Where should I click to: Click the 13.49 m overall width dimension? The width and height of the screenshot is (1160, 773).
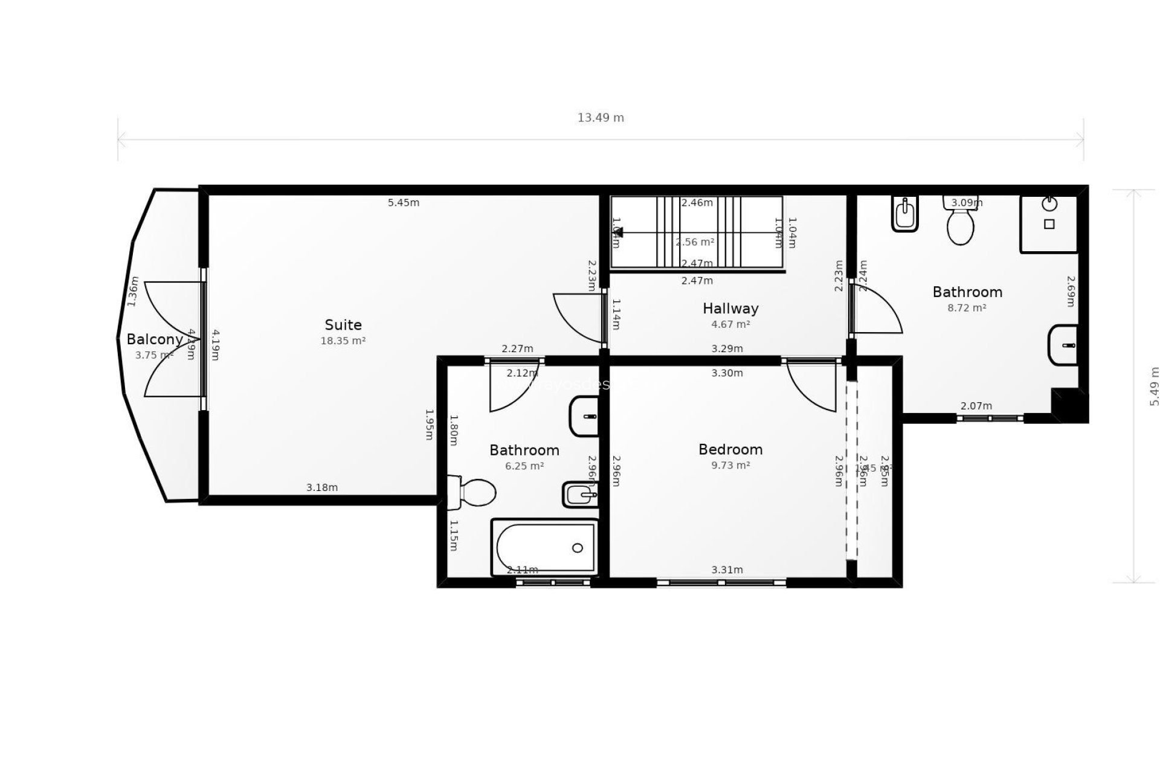[601, 118]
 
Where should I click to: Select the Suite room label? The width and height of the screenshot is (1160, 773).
[343, 325]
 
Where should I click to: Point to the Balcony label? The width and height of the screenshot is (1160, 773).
[154, 339]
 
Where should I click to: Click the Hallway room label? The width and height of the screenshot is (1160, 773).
[730, 309]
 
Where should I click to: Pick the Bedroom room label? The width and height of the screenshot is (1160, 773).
[730, 449]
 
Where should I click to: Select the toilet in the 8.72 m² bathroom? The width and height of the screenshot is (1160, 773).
[960, 223]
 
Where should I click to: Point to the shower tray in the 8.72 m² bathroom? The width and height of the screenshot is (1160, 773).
[1049, 223]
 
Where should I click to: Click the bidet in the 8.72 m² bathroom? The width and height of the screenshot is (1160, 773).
[904, 215]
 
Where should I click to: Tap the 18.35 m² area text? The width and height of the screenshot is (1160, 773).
[343, 341]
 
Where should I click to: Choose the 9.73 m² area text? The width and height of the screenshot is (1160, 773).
[730, 465]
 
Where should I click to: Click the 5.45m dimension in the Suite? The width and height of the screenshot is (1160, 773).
[404, 203]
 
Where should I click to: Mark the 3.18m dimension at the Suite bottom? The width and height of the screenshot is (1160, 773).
[322, 487]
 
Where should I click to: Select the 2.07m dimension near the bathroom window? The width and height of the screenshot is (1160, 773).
[976, 406]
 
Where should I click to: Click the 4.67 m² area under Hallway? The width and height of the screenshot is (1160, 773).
[730, 324]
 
